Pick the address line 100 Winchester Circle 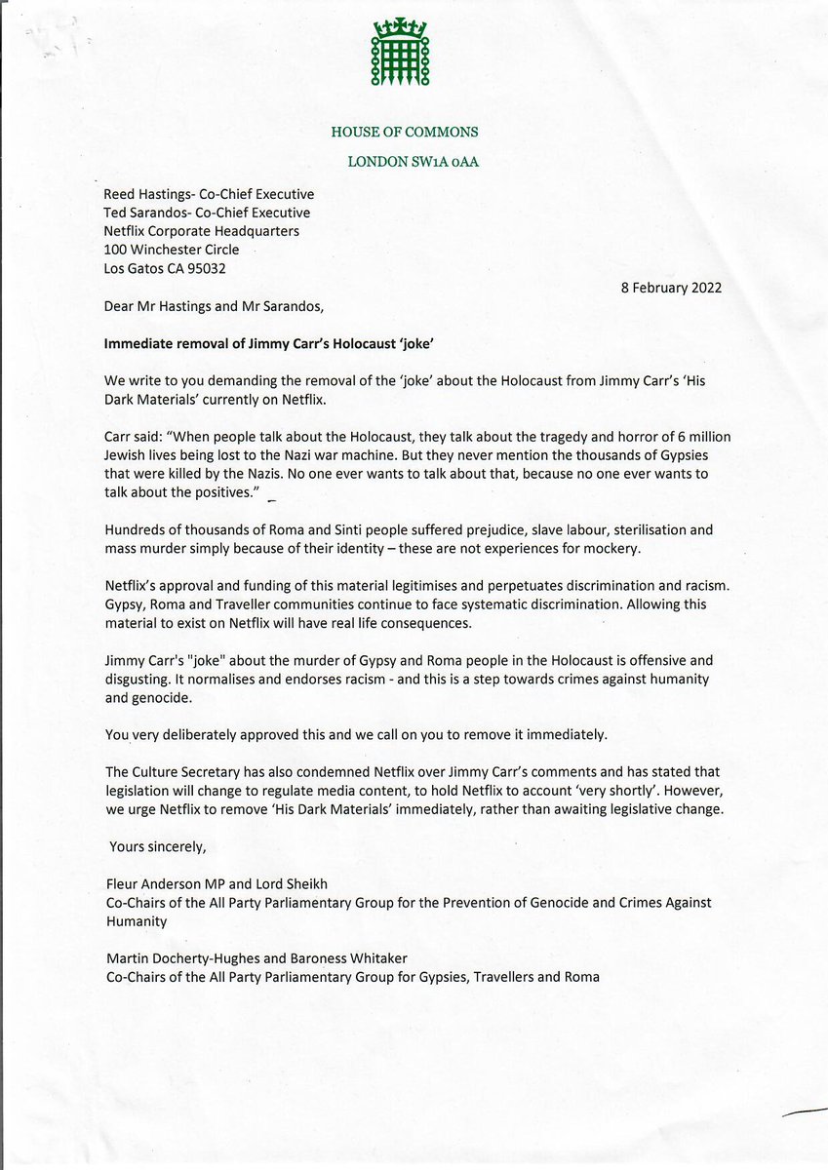[x=171, y=250]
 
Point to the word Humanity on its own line [x=137, y=920]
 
